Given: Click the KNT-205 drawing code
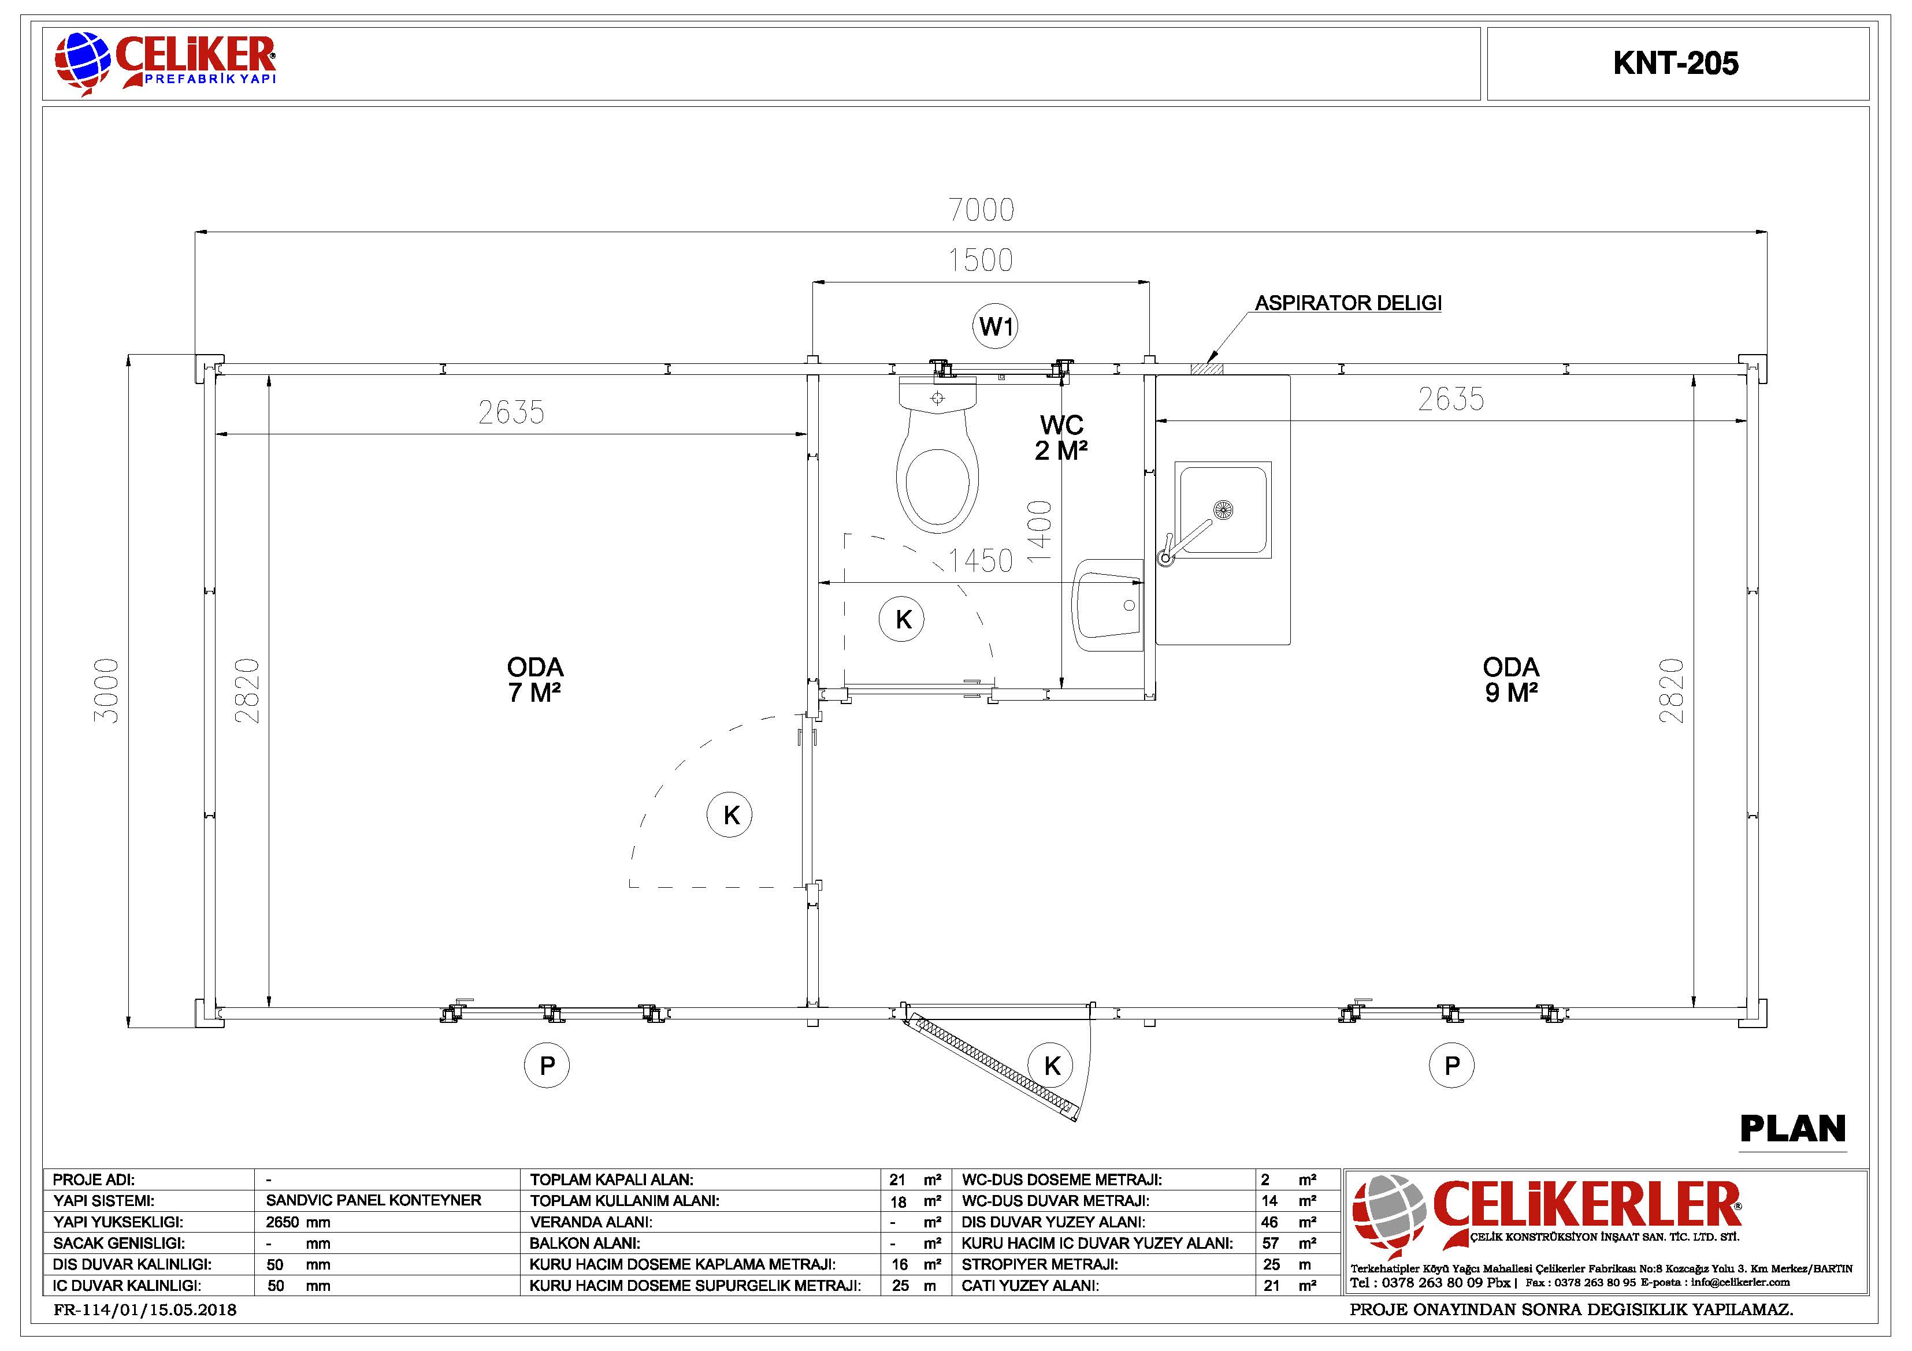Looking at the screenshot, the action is click(x=1676, y=64).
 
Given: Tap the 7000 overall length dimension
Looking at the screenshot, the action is click(x=982, y=210).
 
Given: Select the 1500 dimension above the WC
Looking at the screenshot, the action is click(x=981, y=260).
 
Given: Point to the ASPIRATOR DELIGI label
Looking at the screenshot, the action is click(x=1348, y=303).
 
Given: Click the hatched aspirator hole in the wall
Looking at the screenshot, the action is click(x=1206, y=369).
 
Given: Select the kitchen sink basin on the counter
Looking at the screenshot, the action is click(x=1223, y=509).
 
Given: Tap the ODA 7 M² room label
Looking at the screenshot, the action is click(x=534, y=680).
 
